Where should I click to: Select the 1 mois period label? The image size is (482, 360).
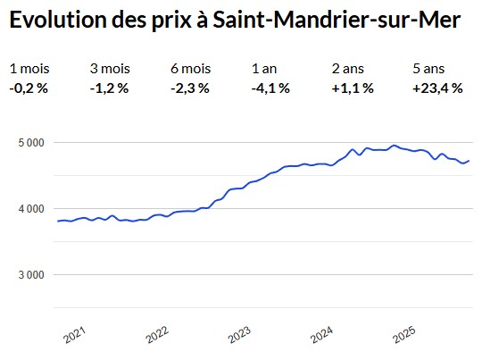click(29, 69)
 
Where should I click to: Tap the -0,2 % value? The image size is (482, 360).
click(29, 88)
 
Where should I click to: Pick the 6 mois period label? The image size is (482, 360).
click(191, 69)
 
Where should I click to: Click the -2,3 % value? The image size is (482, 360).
click(190, 88)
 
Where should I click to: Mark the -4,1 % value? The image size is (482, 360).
click(271, 88)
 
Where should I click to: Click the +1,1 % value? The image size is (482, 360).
click(353, 88)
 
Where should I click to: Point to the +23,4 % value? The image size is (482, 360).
click(436, 88)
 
